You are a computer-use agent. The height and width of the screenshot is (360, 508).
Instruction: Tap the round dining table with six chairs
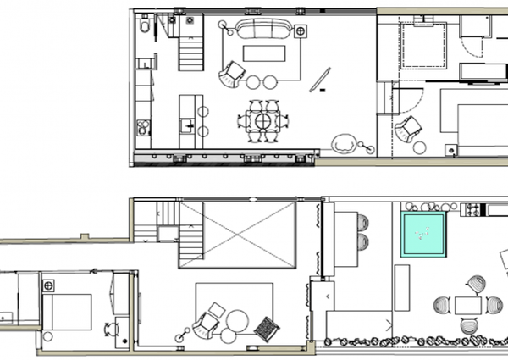click(x=264, y=121)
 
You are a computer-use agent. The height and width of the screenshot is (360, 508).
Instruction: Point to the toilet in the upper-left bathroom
click(x=146, y=30)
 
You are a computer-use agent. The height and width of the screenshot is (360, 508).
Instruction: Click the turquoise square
click(x=422, y=235)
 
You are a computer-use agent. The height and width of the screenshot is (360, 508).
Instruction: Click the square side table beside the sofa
click(x=301, y=31)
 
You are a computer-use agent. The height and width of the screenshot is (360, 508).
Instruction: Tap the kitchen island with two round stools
click(x=187, y=116)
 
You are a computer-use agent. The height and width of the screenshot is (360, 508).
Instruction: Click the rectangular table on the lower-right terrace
click(x=468, y=304)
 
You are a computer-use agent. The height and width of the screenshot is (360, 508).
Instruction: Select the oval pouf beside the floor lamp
click(x=345, y=144)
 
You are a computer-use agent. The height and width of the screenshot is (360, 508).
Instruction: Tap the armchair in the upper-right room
click(x=410, y=128)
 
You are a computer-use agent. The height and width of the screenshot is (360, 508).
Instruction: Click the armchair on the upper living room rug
click(x=230, y=76)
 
